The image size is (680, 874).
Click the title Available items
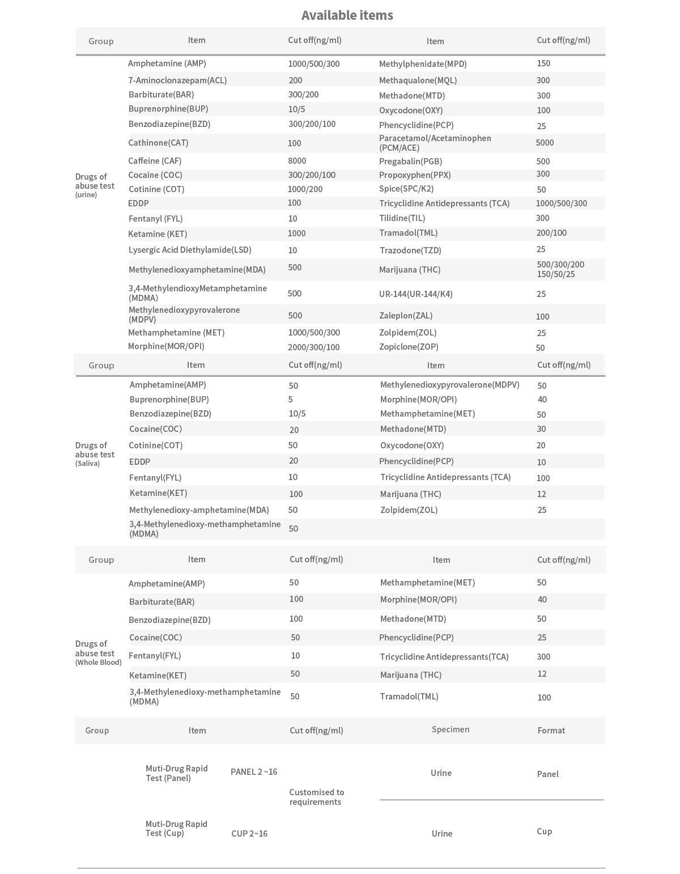click(x=347, y=15)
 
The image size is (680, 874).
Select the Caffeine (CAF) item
click(x=155, y=161)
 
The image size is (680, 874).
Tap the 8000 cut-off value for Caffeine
click(x=297, y=161)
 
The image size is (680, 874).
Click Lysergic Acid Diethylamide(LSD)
click(x=189, y=250)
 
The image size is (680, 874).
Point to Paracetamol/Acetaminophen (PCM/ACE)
click(x=435, y=143)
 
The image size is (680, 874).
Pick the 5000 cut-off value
click(x=545, y=143)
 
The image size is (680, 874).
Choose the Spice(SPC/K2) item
click(x=406, y=189)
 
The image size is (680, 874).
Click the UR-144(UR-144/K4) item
click(x=415, y=294)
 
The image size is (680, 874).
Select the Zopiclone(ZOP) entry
click(x=409, y=347)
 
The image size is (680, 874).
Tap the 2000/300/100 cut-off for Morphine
click(x=313, y=347)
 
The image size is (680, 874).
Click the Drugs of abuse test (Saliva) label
click(x=95, y=454)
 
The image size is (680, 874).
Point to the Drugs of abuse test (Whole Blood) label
click(x=98, y=652)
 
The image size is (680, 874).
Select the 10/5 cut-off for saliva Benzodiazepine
click(x=297, y=414)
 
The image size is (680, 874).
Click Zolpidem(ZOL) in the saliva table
click(x=409, y=510)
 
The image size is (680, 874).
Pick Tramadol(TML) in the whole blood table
click(x=409, y=697)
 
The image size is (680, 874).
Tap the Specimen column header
click(x=450, y=729)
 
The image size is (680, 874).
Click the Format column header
click(x=551, y=730)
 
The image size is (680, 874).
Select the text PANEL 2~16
click(x=254, y=772)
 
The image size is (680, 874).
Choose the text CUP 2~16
click(x=249, y=833)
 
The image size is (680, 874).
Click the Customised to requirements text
click(x=316, y=797)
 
